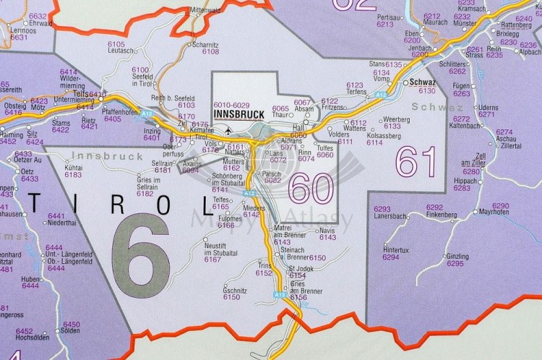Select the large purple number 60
click(x=311, y=188)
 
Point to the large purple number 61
click(x=417, y=162)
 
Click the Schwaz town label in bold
click(x=421, y=82)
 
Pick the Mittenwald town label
click(x=205, y=10)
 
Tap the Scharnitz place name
click(x=205, y=44)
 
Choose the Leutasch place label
click(x=121, y=51)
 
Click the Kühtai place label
click(x=74, y=167)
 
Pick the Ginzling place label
click(x=457, y=257)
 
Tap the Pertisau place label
click(x=390, y=17)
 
